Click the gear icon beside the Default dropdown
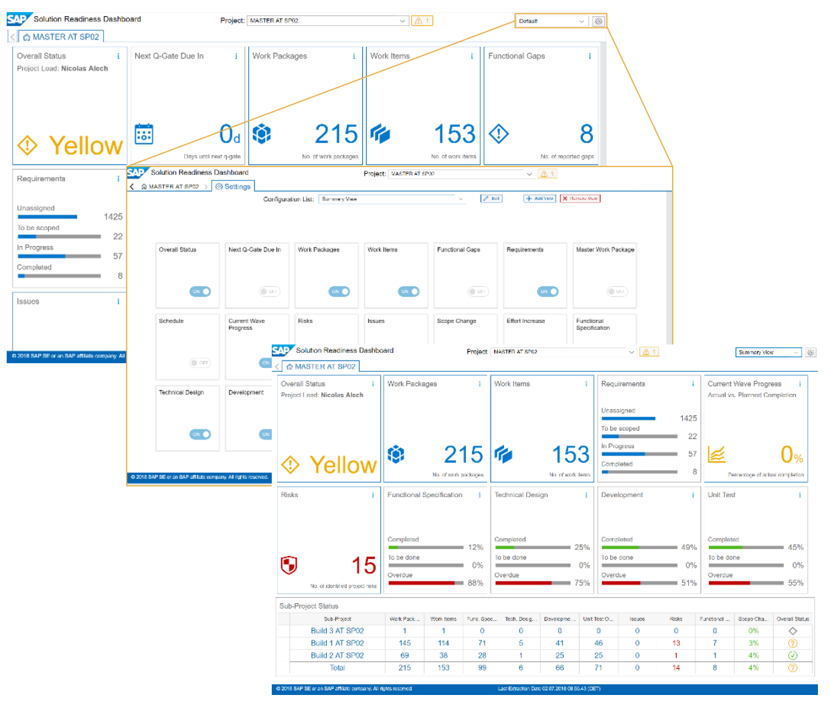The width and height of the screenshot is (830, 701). pyautogui.click(x=598, y=21)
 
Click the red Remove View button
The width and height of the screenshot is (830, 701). pyautogui.click(x=580, y=199)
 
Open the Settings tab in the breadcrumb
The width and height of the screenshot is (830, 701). pyautogui.click(x=233, y=187)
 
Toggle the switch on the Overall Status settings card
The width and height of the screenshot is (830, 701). pyautogui.click(x=200, y=292)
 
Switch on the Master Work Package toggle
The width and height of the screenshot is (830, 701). pyautogui.click(x=616, y=292)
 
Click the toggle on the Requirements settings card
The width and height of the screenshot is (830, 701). pyautogui.click(x=547, y=292)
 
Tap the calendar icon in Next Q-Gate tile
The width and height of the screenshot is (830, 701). pyautogui.click(x=144, y=134)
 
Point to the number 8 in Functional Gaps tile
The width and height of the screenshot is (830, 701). pyautogui.click(x=586, y=134)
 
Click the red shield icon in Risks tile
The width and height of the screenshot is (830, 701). pyautogui.click(x=289, y=565)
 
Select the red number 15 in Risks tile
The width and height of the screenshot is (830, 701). pyautogui.click(x=364, y=566)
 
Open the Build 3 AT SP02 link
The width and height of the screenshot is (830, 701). pyautogui.click(x=337, y=631)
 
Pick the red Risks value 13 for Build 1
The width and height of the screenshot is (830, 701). pyautogui.click(x=676, y=643)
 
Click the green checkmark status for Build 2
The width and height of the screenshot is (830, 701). pyautogui.click(x=793, y=656)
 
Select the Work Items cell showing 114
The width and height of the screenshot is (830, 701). pyautogui.click(x=443, y=643)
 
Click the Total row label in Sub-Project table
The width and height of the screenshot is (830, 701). pyautogui.click(x=337, y=668)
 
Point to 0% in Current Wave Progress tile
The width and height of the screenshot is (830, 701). pyautogui.click(x=791, y=456)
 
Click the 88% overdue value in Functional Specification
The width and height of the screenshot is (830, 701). pyautogui.click(x=475, y=583)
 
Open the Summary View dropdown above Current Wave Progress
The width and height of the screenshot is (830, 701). pyautogui.click(x=768, y=353)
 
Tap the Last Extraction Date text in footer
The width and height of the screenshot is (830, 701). pyautogui.click(x=549, y=689)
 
